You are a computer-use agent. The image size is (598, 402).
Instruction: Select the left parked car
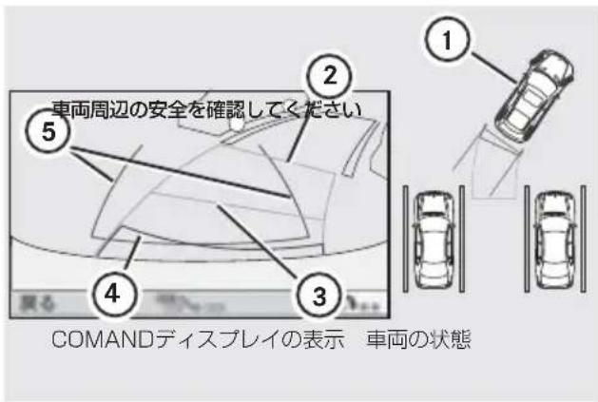tap(434, 235)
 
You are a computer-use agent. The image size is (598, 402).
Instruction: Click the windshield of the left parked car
tap(434, 221)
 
